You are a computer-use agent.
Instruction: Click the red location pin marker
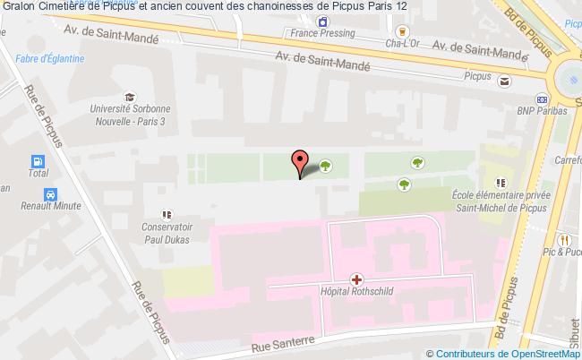pyautogui.click(x=300, y=163)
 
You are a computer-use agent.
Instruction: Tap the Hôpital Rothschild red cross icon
pyautogui.click(x=357, y=279)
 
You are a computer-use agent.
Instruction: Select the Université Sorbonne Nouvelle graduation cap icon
pyautogui.click(x=131, y=97)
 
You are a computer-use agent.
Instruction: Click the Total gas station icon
pyautogui.click(x=38, y=162)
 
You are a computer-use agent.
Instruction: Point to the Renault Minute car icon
pyautogui.click(x=51, y=194)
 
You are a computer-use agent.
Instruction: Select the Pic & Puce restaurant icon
pyautogui.click(x=564, y=240)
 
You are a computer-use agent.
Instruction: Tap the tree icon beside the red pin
pyautogui.click(x=325, y=165)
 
